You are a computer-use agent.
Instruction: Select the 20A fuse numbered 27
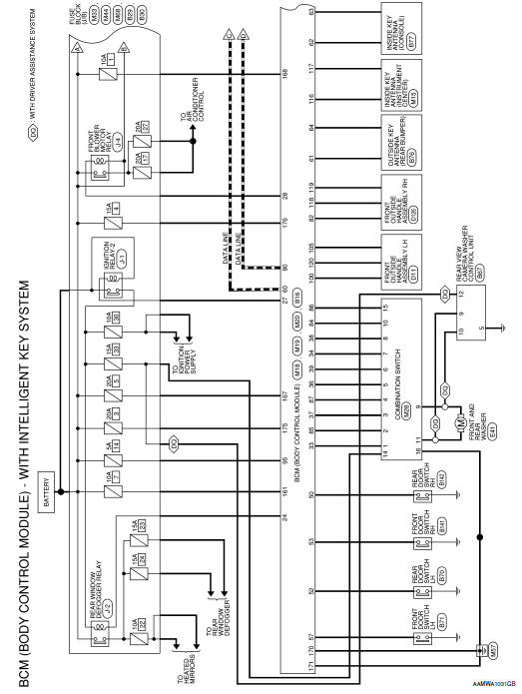tap(145, 129)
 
